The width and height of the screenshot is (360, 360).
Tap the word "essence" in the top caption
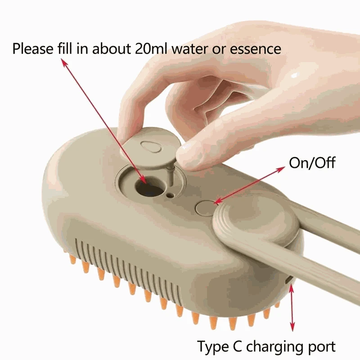point(256,48)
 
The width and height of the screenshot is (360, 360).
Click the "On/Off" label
point(312,162)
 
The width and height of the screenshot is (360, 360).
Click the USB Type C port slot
point(288,281)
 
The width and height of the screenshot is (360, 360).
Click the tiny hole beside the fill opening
point(170,196)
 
